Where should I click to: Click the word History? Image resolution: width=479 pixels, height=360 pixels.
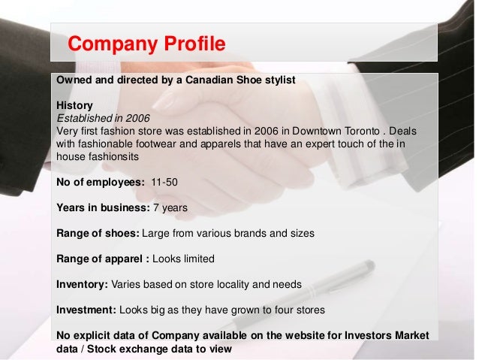(73, 106)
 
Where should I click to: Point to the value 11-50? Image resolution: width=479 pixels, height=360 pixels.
(166, 181)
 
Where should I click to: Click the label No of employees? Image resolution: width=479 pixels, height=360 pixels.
(100, 181)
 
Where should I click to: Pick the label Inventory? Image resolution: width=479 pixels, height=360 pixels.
(82, 286)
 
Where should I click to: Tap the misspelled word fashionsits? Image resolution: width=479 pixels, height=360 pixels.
(118, 156)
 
